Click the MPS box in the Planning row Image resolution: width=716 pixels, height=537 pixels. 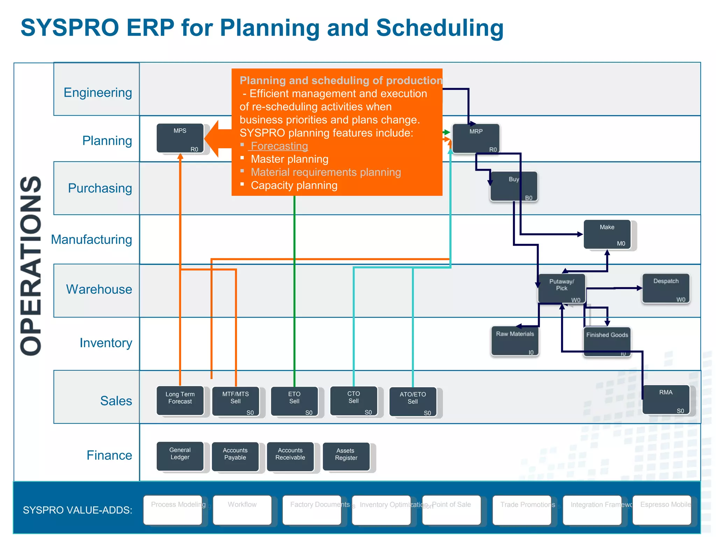click(x=180, y=138)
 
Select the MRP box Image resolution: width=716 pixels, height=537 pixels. click(x=476, y=138)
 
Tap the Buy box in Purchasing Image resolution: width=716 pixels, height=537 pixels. click(x=514, y=186)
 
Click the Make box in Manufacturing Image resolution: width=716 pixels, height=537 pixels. click(x=607, y=234)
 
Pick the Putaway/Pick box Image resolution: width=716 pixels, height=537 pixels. click(x=561, y=288)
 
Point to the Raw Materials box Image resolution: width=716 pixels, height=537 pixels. click(x=515, y=341)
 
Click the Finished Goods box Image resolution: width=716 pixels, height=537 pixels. click(x=607, y=341)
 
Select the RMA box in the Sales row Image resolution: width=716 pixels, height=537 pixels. click(x=666, y=400)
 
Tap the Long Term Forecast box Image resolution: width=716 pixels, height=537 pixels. click(x=180, y=401)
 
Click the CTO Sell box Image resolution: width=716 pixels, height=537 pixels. click(x=353, y=401)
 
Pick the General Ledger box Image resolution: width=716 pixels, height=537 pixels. click(x=180, y=456)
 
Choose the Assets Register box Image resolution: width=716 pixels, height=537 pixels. click(x=346, y=457)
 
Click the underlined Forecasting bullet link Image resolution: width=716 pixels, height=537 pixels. click(x=279, y=146)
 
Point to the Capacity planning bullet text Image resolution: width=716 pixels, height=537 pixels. click(x=294, y=185)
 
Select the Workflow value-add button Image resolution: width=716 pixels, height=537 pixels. click(x=242, y=510)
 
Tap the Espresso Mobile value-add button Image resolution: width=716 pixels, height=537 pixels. click(x=662, y=510)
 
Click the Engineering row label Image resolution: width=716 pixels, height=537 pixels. click(x=98, y=93)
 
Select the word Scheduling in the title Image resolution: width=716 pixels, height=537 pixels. click(x=439, y=28)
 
